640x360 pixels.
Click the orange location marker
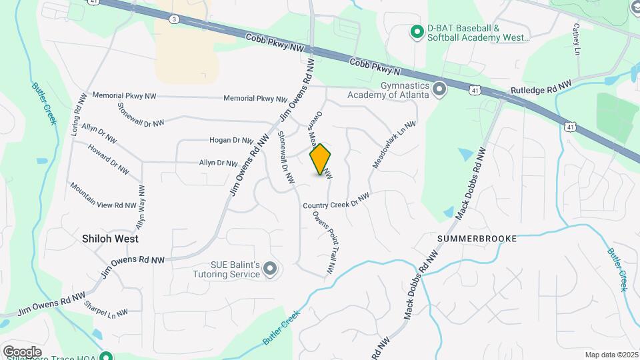pos(321,159)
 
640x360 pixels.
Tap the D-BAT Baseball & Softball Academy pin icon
pos(417,31)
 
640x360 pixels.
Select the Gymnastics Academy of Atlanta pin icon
pos(439,89)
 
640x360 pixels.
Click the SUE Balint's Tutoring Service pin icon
pos(269,269)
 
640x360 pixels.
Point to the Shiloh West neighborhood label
pos(110,238)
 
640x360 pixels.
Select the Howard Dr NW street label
pos(107,160)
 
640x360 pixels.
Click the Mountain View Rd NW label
pos(103,196)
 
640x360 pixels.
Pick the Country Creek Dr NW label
pos(336,200)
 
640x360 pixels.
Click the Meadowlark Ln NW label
pos(394,144)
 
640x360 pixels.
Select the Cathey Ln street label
pos(576,40)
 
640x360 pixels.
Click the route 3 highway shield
pos(174,20)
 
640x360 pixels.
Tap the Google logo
pos(22,351)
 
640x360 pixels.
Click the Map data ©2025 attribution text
pos(611,355)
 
